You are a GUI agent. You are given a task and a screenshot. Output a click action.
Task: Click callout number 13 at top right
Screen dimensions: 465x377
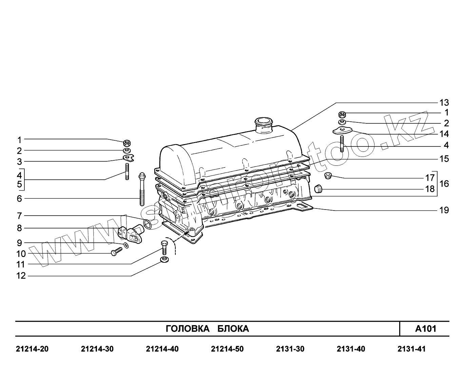pos(444,102)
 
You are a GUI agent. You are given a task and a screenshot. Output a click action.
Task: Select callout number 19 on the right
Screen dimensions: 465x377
pos(444,210)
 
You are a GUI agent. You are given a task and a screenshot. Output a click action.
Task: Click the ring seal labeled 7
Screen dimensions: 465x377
pos(148,223)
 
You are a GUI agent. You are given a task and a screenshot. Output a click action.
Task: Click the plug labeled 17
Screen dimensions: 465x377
pos(327,175)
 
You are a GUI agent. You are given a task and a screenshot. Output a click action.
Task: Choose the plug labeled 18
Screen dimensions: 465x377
pos(317,189)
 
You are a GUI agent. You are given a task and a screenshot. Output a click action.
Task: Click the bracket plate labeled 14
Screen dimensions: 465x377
pos(342,130)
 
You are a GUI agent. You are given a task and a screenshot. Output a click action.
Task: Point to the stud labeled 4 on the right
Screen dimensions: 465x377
pos(342,144)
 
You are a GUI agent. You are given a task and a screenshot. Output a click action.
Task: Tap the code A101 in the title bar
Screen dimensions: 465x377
pos(426,329)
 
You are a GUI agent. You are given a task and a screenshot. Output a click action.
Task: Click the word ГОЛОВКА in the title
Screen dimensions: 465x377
pos(187,329)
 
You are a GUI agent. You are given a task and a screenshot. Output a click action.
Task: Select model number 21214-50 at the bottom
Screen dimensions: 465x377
pos(227,349)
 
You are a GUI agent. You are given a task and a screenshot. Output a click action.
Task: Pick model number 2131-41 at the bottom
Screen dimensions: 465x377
pos(411,349)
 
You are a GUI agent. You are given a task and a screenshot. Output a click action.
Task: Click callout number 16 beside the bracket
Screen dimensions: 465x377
pos(444,184)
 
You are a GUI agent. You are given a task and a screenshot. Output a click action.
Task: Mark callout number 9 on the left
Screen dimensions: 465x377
pos(19,243)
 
